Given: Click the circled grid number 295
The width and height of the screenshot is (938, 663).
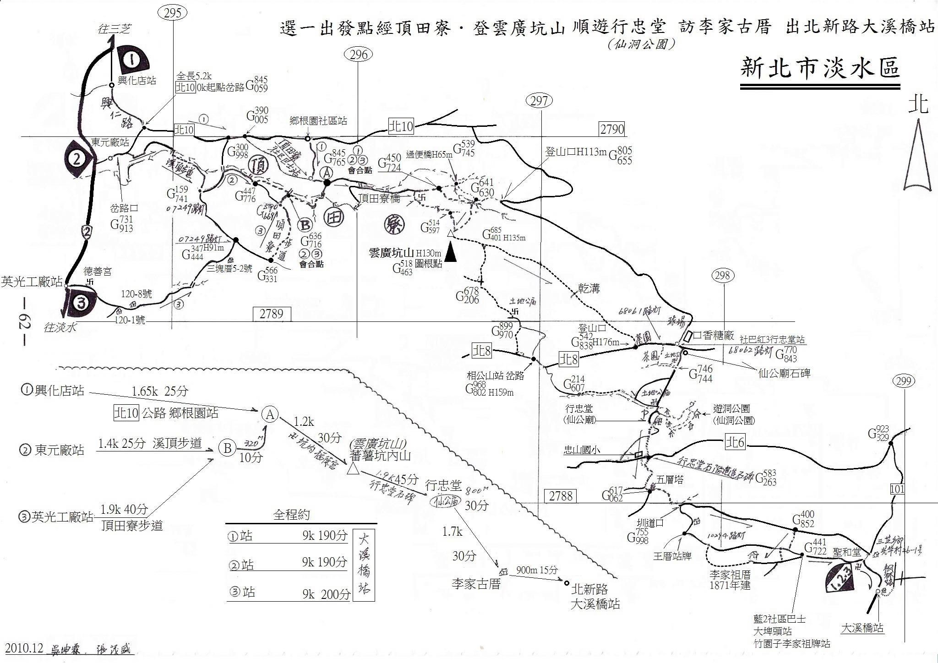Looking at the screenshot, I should [x=173, y=12].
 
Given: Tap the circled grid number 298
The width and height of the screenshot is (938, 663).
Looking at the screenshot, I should [x=722, y=275].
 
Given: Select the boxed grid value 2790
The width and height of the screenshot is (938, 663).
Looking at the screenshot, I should [x=612, y=129].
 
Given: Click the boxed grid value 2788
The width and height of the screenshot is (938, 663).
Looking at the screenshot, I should [x=560, y=495].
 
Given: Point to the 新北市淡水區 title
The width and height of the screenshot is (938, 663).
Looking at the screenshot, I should [x=820, y=68].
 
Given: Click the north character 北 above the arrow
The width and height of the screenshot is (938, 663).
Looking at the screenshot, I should [x=918, y=104].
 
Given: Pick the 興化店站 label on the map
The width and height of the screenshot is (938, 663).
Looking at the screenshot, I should [x=137, y=81].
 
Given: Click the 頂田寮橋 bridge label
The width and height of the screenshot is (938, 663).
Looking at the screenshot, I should [x=379, y=198].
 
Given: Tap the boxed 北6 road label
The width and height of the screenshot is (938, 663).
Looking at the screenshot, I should [x=735, y=442].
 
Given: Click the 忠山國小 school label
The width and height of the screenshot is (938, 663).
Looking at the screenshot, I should [x=582, y=451].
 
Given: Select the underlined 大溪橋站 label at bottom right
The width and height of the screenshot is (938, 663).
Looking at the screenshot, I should [x=862, y=628].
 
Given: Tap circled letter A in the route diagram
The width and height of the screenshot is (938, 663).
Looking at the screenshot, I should [x=270, y=414].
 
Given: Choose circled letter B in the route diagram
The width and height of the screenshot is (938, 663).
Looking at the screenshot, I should [x=227, y=448].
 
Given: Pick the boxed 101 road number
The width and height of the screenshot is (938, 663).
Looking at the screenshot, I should [x=897, y=489].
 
